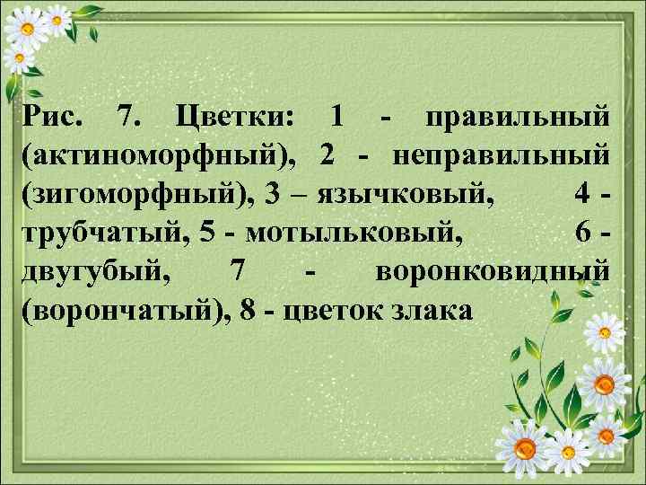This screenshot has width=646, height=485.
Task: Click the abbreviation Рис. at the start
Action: click(x=55, y=118)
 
